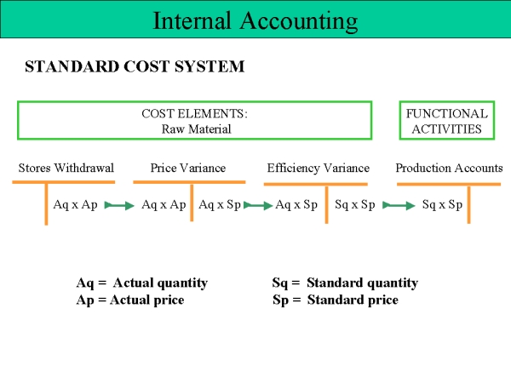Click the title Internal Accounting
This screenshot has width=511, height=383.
coord(255,21)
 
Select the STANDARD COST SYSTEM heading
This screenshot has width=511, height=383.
coord(135,66)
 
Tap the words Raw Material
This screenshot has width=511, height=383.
coord(196,129)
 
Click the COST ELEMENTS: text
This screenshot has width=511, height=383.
coord(194,114)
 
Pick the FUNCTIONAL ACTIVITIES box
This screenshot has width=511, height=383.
coord(447,101)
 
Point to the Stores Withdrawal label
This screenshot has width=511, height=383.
coord(66,168)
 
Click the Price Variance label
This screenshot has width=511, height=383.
coord(188,168)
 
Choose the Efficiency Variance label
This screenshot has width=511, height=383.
coord(319,168)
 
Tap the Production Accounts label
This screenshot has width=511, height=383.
coord(449,168)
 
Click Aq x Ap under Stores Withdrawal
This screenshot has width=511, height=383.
coord(75,205)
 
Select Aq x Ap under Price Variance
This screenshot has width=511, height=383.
coord(164,205)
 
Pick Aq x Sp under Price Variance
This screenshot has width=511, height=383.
coord(220,205)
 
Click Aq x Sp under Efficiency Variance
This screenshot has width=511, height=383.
coord(296,205)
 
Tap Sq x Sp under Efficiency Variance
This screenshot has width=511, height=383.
coord(355,205)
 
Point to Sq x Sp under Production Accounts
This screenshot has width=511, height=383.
coord(442,205)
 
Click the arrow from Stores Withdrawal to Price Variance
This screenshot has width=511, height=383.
coord(119,205)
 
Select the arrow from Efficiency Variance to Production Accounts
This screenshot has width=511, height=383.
coord(399,205)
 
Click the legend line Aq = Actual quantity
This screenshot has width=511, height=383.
coord(141,283)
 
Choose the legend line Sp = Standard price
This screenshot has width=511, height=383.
coord(336,300)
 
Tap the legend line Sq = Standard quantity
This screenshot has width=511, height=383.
coord(345,283)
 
